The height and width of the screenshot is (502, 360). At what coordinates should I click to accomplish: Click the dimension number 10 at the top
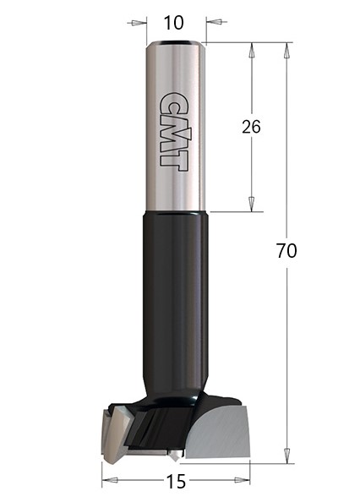173,23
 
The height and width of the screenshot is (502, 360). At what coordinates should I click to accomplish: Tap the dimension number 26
251,127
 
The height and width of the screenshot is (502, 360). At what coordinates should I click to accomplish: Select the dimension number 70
286,251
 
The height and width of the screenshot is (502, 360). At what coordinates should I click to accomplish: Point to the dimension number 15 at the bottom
176,482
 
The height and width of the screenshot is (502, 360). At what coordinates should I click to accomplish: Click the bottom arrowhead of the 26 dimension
252,204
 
